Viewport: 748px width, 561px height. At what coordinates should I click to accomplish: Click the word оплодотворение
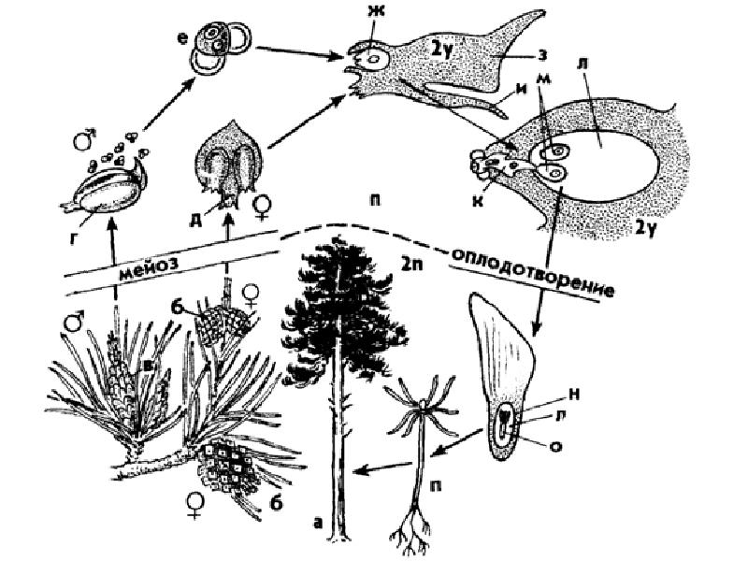click(x=534, y=270)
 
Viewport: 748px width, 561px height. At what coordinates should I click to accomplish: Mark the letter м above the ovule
click(x=542, y=106)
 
